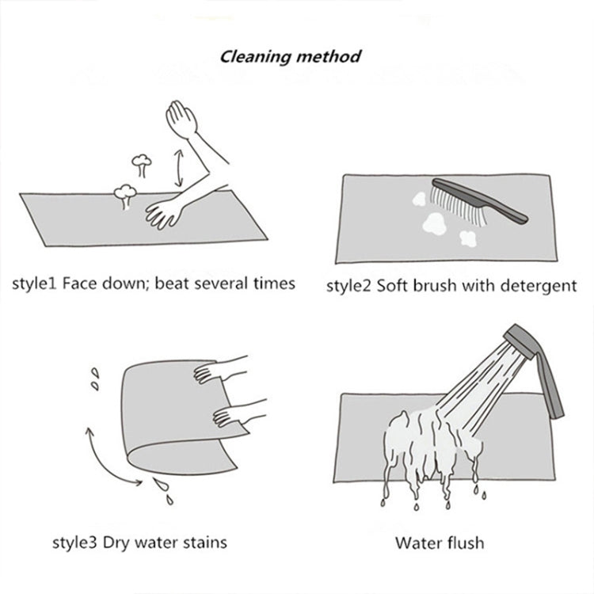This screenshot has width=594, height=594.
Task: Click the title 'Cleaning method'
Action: (x=290, y=57)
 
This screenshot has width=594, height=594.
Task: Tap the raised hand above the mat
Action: (x=181, y=118)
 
